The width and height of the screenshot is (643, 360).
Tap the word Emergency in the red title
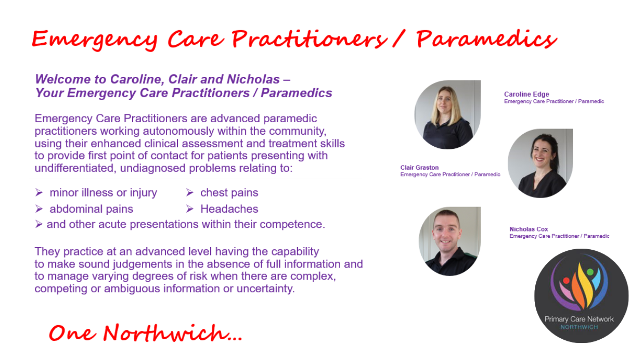click(x=95, y=40)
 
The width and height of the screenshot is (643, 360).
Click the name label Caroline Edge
click(x=526, y=94)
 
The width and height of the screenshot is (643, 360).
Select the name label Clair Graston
click(x=419, y=168)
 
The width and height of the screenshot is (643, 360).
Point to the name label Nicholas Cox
click(x=529, y=229)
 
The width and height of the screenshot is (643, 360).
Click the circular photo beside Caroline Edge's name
click(x=447, y=114)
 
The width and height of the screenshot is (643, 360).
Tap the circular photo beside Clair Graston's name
click(x=540, y=163)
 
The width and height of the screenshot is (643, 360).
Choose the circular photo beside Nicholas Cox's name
click(x=449, y=241)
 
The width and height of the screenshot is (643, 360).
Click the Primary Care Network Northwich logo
click(x=581, y=295)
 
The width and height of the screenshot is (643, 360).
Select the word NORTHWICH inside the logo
click(x=580, y=327)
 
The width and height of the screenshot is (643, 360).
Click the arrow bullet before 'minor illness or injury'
click(x=38, y=192)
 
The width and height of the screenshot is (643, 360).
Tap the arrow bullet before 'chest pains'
click(x=189, y=192)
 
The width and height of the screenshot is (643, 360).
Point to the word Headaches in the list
click(x=229, y=209)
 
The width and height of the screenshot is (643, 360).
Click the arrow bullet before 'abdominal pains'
click(x=38, y=209)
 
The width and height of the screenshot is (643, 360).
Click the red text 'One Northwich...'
click(x=146, y=333)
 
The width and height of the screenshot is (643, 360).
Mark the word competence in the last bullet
click(x=292, y=225)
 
